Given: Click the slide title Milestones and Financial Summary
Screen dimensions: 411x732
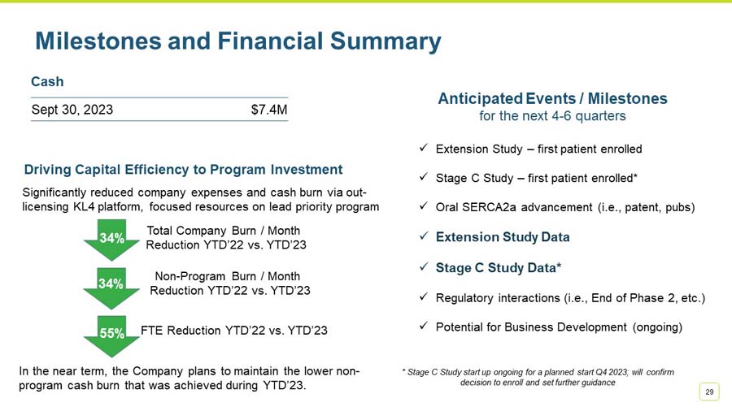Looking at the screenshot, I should pos(237,41).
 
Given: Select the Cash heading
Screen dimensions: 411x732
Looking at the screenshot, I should pos(47,82).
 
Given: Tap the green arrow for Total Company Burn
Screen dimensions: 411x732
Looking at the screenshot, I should pos(111,240).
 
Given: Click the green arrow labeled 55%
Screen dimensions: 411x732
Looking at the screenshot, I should pos(111,335).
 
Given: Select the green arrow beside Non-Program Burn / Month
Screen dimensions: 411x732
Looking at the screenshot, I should pos(111,286).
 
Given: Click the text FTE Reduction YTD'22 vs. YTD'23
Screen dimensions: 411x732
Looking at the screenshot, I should pos(234,331).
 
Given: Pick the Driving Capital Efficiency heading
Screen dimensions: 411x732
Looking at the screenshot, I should pos(183,170).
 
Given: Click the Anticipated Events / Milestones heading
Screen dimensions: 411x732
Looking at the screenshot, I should pos(552,98).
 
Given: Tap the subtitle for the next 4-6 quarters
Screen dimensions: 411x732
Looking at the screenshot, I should pos(552,116).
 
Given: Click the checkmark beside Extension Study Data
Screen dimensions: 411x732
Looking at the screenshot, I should pos(424,236).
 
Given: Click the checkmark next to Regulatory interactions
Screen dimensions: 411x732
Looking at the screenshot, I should pos(424,297).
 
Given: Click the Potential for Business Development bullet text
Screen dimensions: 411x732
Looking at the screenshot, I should pos(559,327).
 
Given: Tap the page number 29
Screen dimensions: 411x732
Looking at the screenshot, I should pos(709,392).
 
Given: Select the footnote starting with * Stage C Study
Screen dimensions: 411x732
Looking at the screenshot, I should pos(538,377).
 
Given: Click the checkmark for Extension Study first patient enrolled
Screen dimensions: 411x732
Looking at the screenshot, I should pos(424,149).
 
